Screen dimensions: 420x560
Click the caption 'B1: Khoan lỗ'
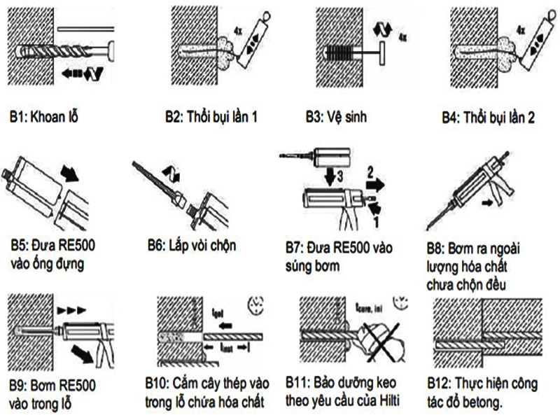pyautogui.click(x=43, y=116)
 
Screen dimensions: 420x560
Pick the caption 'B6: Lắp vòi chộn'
pyautogui.click(x=192, y=245)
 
